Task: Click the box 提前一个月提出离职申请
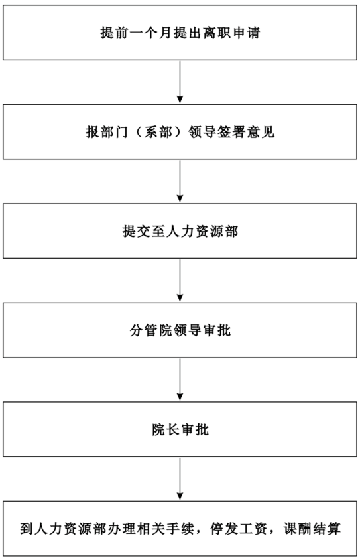tap(180, 33)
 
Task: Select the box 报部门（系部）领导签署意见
tap(180, 131)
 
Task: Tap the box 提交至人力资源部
tap(180, 231)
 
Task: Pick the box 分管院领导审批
tap(180, 330)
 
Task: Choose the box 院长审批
tap(180, 429)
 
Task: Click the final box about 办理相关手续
tap(180, 529)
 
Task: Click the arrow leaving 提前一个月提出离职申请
tap(180, 82)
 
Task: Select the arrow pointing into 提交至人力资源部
tap(180, 181)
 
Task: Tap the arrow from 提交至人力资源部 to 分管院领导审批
tap(180, 281)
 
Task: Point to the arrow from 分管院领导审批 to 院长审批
tap(180, 380)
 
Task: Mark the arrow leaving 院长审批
tap(180, 479)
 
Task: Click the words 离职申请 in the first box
tap(231, 33)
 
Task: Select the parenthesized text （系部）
tap(158, 132)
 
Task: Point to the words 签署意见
tap(246, 132)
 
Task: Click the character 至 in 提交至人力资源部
tap(158, 232)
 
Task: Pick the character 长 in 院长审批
tap(172, 430)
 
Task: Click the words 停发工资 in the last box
tap(239, 529)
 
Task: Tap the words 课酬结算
tap(312, 529)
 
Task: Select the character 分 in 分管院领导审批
tap(136, 330)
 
